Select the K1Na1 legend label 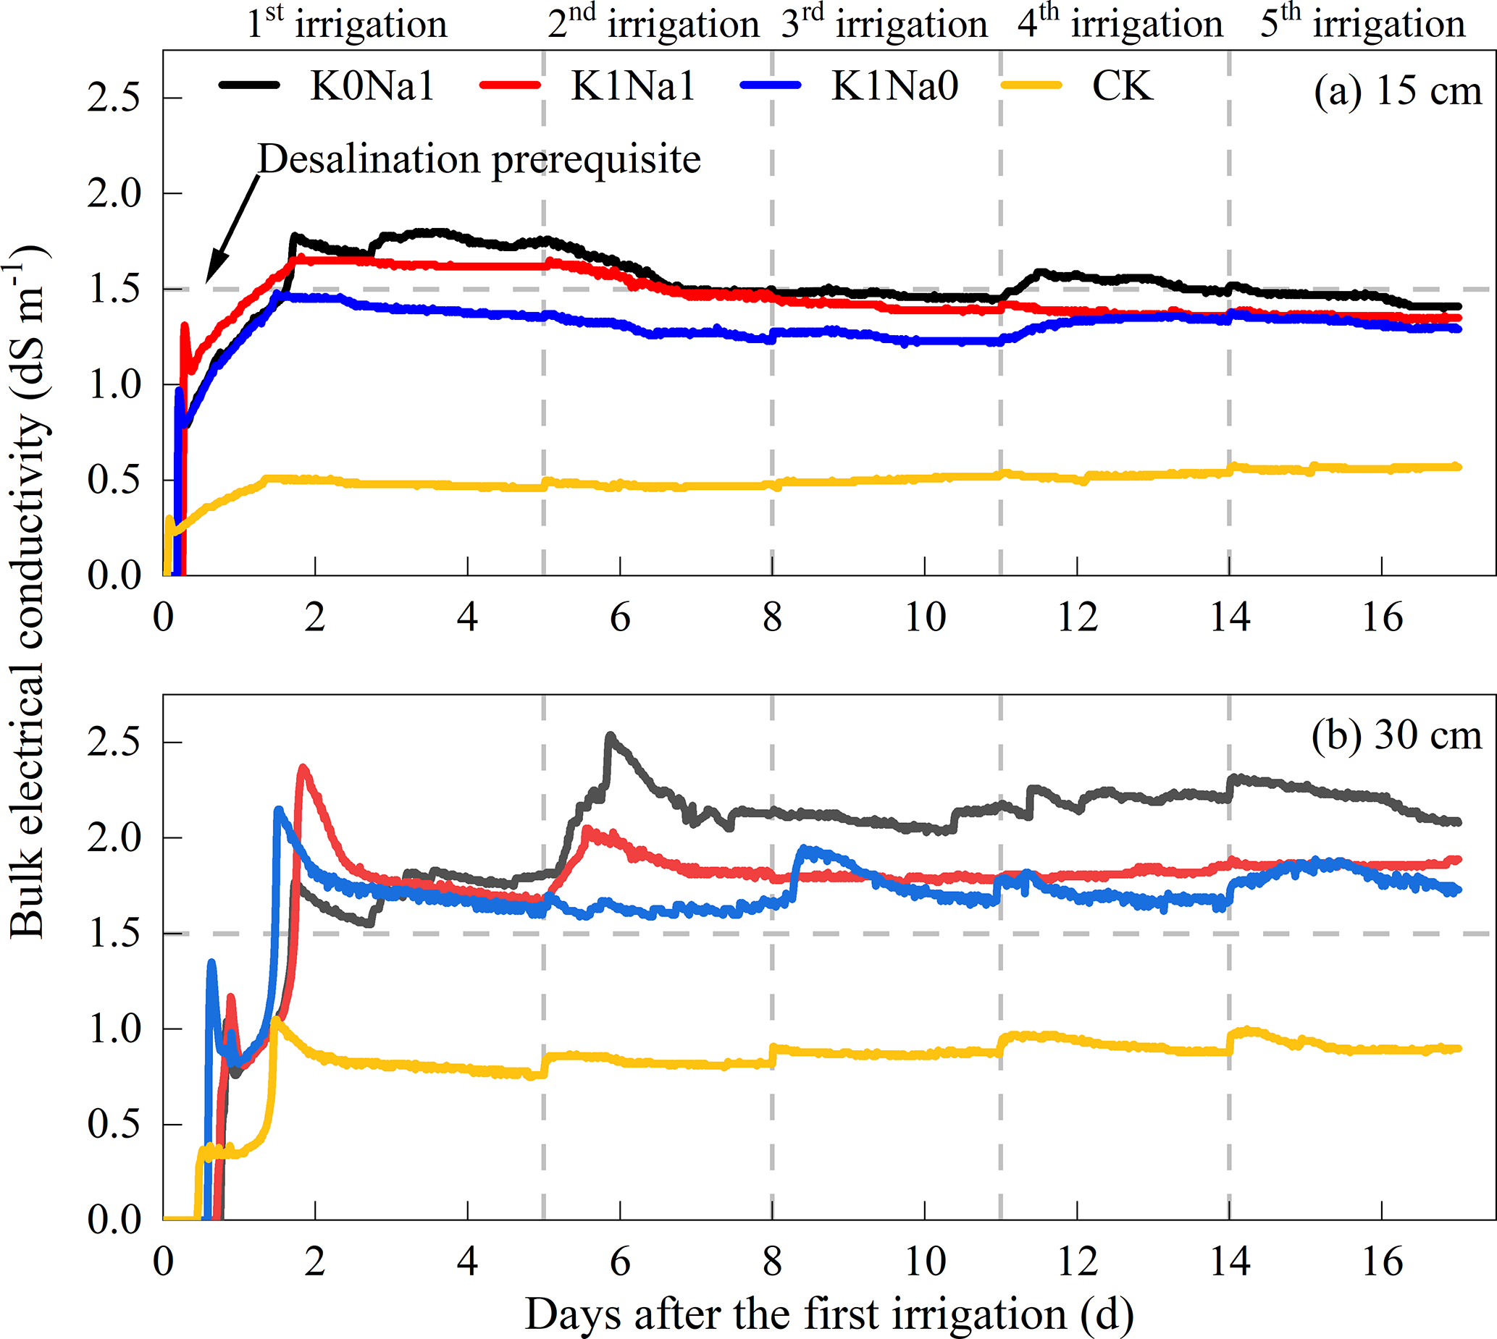point(632,87)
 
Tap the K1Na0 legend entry point(894,87)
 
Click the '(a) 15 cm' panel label point(1397,92)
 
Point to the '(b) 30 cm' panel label point(1396,735)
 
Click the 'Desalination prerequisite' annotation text point(479,160)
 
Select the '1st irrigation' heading point(347,24)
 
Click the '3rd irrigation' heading point(884,24)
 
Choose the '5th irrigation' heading point(1362,24)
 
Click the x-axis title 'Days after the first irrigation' point(829,1313)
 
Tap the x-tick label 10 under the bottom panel point(925,1262)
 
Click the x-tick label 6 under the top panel point(620,618)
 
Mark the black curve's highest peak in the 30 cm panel point(610,735)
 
